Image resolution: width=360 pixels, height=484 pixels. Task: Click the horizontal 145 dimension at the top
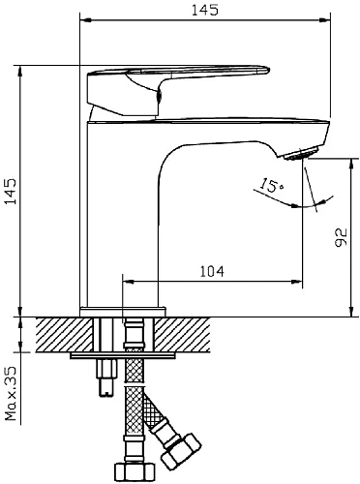click(x=205, y=10)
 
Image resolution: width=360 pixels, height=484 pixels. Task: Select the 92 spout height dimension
click(x=341, y=237)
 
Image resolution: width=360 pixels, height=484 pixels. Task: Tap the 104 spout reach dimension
click(x=212, y=271)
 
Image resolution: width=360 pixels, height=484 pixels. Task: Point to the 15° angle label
click(x=271, y=185)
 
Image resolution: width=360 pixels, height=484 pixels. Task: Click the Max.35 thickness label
click(x=11, y=393)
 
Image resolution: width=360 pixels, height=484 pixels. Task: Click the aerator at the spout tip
click(x=302, y=153)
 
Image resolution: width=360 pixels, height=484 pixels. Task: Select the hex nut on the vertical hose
click(x=134, y=473)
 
